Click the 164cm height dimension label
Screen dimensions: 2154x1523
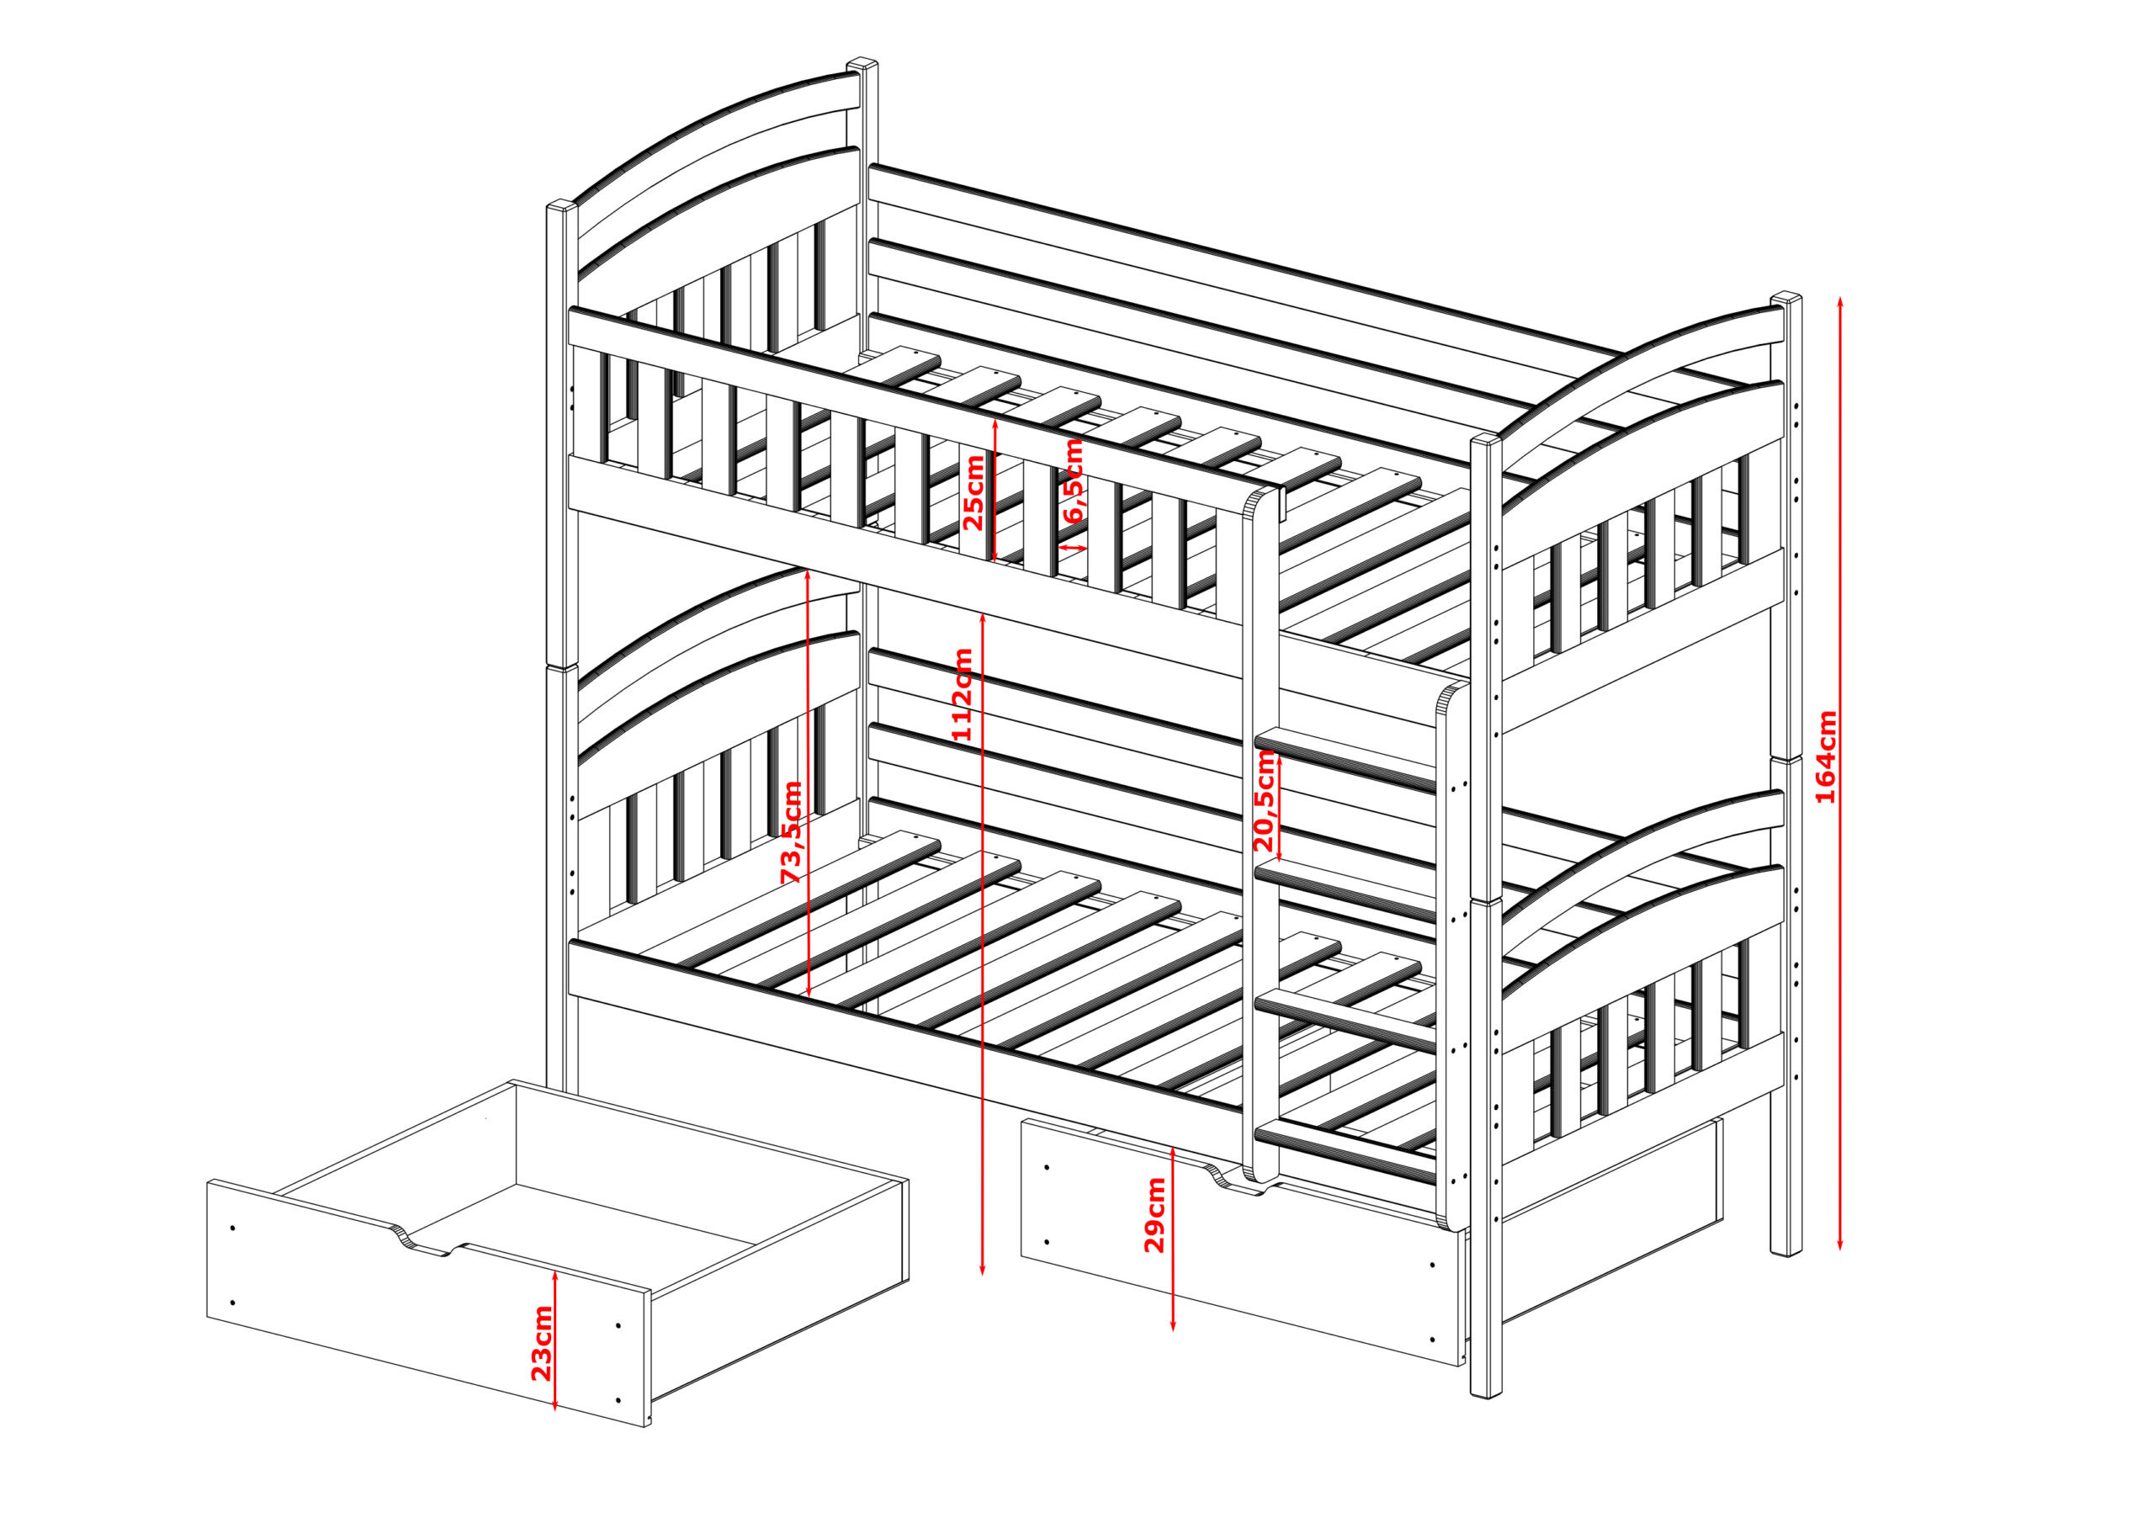[1826, 756]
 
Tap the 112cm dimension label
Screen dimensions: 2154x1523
[963, 694]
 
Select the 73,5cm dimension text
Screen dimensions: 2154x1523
[793, 831]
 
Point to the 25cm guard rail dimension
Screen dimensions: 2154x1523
[974, 491]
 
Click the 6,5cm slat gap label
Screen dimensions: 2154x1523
[1074, 480]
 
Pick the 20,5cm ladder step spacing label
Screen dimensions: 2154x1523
[1265, 800]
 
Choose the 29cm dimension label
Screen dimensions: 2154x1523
[1155, 1215]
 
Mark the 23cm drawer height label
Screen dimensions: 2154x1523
[541, 1344]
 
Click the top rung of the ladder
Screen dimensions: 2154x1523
[1345, 758]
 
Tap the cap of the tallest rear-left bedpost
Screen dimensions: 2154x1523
[862, 65]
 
